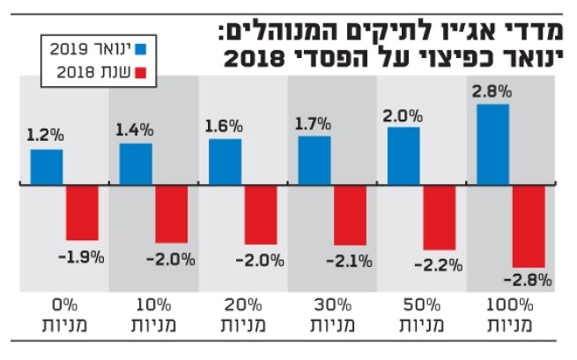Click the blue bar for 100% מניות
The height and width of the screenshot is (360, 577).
(x=493, y=145)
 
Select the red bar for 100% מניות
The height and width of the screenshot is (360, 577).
(x=529, y=226)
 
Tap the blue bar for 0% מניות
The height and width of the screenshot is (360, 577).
(x=47, y=167)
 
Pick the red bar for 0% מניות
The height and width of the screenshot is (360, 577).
(x=83, y=213)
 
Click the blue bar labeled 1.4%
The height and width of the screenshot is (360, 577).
(x=136, y=165)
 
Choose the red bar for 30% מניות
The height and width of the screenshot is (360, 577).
(x=350, y=216)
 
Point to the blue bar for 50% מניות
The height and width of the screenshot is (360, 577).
(x=403, y=157)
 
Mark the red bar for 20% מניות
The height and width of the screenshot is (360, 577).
(x=261, y=215)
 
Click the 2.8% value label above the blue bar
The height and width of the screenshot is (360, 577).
(x=491, y=92)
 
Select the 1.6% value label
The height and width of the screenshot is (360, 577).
(x=224, y=125)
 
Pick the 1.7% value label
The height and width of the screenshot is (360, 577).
(x=314, y=121)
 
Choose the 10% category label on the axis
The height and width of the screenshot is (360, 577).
(x=154, y=305)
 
